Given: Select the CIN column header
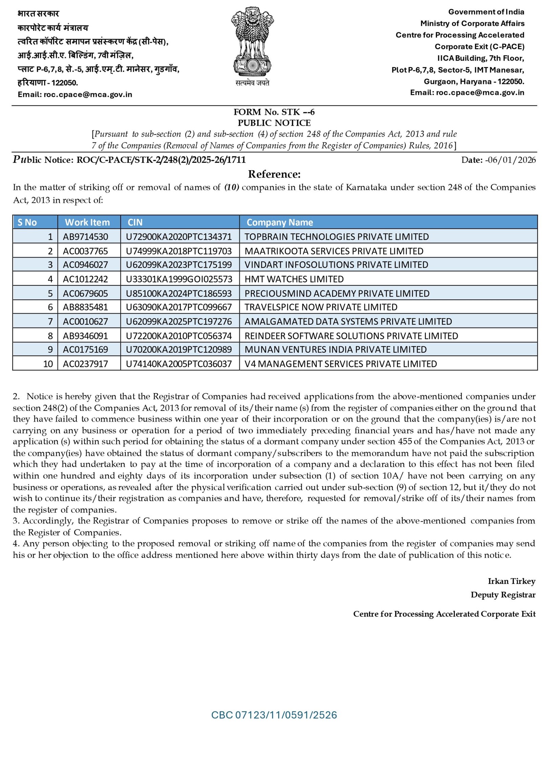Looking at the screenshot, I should coord(135,222).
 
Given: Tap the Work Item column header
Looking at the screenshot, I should coord(87,222).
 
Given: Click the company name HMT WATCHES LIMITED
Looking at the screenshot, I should coord(294,279).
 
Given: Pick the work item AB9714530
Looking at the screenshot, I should coord(85,237).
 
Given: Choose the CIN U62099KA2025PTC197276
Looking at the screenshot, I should coord(179,321).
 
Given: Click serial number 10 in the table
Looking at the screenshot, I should coord(48,364).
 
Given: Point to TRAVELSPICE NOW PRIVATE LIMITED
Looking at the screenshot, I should coord(320,307).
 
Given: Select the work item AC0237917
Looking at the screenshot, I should coord(85,364).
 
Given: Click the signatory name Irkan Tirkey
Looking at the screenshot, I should coord(511,581).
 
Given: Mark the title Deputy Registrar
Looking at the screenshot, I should coord(503,595).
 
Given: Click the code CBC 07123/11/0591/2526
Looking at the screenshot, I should coord(274,715).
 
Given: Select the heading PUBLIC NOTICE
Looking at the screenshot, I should coord(274,123).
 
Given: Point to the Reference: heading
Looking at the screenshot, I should coord(274,174).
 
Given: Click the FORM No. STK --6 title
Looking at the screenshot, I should coord(274,112).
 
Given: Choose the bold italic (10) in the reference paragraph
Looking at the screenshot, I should coord(232,187).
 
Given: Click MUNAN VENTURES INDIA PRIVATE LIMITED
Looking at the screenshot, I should coord(335,349).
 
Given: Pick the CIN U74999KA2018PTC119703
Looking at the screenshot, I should coord(179,251).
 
